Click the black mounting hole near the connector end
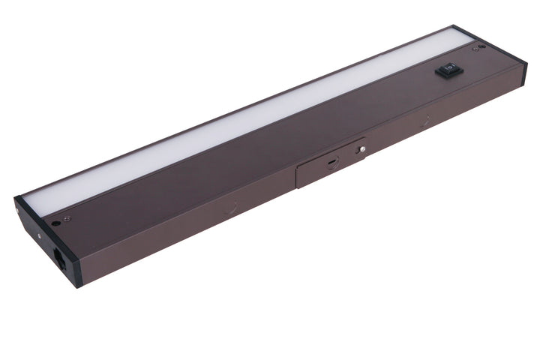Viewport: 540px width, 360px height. tap(55, 223)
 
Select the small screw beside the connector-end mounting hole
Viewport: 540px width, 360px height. tap(66, 219)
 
